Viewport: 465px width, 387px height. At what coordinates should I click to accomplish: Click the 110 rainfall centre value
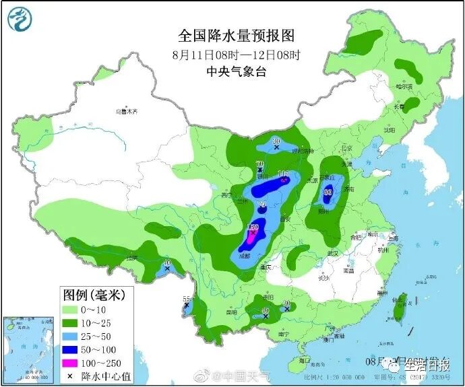click(284, 174)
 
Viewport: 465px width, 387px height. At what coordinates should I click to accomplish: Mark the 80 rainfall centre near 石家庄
click(328, 192)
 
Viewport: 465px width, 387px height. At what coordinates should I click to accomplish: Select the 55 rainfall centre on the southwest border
click(187, 301)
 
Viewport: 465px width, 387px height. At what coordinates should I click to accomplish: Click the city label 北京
click(346, 148)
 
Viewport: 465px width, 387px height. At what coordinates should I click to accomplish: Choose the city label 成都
click(243, 256)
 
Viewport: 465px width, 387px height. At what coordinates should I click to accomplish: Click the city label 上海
click(394, 238)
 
